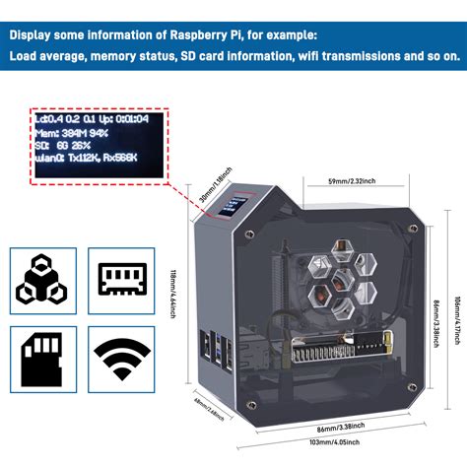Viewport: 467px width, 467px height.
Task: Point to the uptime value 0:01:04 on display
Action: [130, 114]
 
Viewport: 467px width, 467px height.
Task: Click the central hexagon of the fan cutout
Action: [326, 277]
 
